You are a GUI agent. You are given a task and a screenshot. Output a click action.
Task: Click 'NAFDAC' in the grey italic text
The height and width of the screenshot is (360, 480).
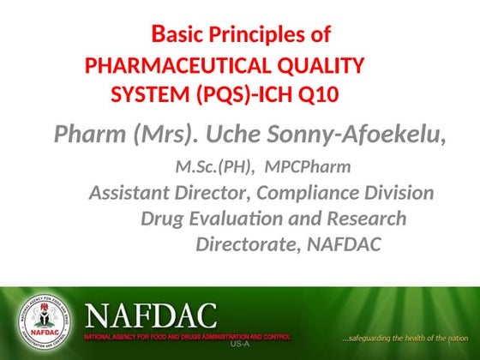coord(344,245)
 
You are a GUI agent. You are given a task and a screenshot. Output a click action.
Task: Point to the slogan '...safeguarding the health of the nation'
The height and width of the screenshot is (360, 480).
coord(405,338)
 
